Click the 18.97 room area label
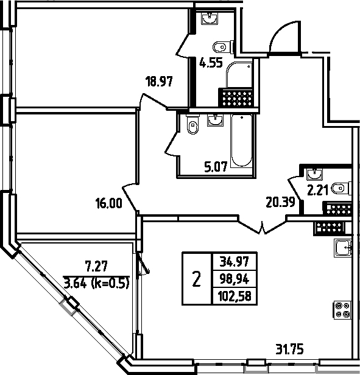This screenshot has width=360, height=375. [x=159, y=82]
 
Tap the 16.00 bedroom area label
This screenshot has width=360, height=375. [x=108, y=203]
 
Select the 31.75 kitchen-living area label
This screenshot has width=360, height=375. [x=289, y=349]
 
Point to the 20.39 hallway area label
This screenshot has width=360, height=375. [x=280, y=202]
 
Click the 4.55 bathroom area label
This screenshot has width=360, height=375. [x=211, y=63]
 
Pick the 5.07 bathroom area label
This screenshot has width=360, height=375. [x=216, y=167]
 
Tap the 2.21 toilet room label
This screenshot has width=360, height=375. [x=317, y=191]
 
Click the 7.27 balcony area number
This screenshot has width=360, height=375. [x=96, y=266]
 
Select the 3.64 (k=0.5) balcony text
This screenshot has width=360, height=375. [x=96, y=283]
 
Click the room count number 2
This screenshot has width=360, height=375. [x=196, y=279]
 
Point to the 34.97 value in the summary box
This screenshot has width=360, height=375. [x=235, y=261]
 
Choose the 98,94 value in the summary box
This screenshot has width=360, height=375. [x=235, y=279]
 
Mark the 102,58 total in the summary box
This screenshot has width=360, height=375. [x=235, y=296]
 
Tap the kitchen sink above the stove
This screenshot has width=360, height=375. [x=343, y=248]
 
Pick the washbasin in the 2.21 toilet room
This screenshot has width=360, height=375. [x=314, y=174]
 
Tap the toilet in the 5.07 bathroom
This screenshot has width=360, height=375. [x=193, y=124]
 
